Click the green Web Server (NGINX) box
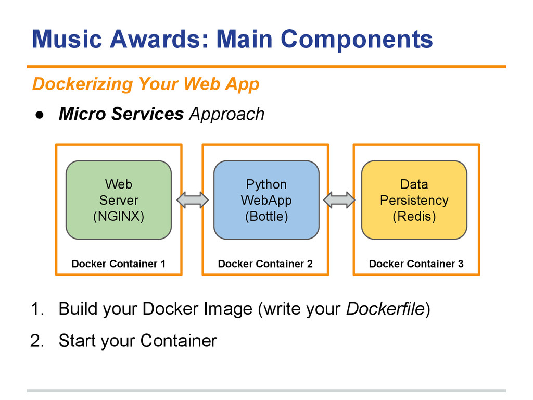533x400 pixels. [119, 200]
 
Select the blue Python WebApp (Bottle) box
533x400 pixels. [266, 200]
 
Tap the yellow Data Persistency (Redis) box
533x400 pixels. [414, 200]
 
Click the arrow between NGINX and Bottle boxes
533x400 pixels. [193, 200]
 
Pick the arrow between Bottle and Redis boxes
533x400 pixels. [339, 200]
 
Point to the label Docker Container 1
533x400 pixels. [118, 264]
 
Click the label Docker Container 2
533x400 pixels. [265, 264]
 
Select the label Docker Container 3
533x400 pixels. [416, 264]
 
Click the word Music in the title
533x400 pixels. [67, 39]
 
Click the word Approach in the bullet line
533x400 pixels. [227, 114]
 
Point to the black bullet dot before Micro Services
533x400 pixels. [40, 115]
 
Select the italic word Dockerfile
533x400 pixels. [386, 309]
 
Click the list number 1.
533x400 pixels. [37, 309]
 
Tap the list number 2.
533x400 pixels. [37, 341]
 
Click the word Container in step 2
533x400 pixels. [179, 341]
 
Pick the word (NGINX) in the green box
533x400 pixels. [119, 216]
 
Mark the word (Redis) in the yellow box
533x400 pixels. [414, 216]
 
